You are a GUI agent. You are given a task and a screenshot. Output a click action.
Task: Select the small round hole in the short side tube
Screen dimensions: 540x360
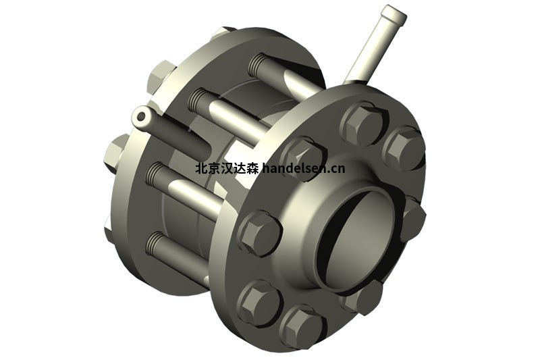(x=140, y=117)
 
